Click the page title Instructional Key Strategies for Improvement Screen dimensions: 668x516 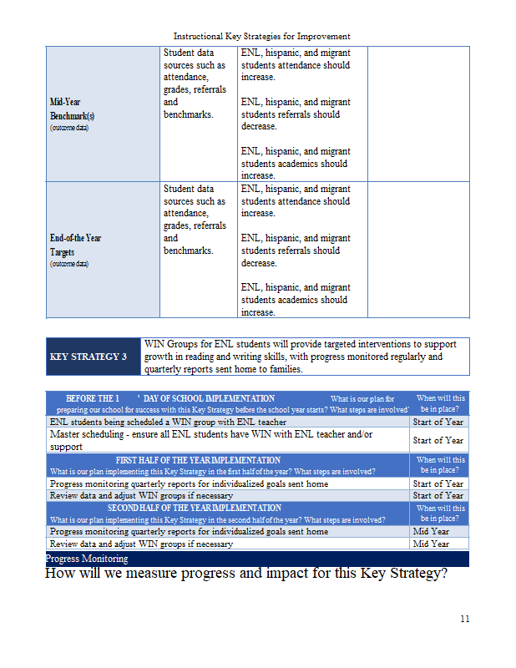click(x=261, y=36)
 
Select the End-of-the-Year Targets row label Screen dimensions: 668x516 click(x=75, y=245)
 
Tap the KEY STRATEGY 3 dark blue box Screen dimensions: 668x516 click(x=94, y=357)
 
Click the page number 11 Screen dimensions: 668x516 click(x=464, y=619)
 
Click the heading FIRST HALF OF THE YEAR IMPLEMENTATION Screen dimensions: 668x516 click(x=198, y=460)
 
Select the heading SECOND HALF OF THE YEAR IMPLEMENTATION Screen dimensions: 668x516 click(x=195, y=508)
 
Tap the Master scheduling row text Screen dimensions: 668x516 click(x=209, y=440)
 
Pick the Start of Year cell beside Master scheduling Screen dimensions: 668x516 click(x=438, y=440)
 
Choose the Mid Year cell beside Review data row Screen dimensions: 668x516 click(x=431, y=544)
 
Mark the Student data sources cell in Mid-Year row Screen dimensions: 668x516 click(x=195, y=83)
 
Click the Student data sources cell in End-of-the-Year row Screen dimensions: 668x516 click(x=195, y=220)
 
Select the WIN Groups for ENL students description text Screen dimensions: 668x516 click(x=301, y=357)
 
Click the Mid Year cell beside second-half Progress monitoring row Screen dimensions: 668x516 click(x=431, y=531)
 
